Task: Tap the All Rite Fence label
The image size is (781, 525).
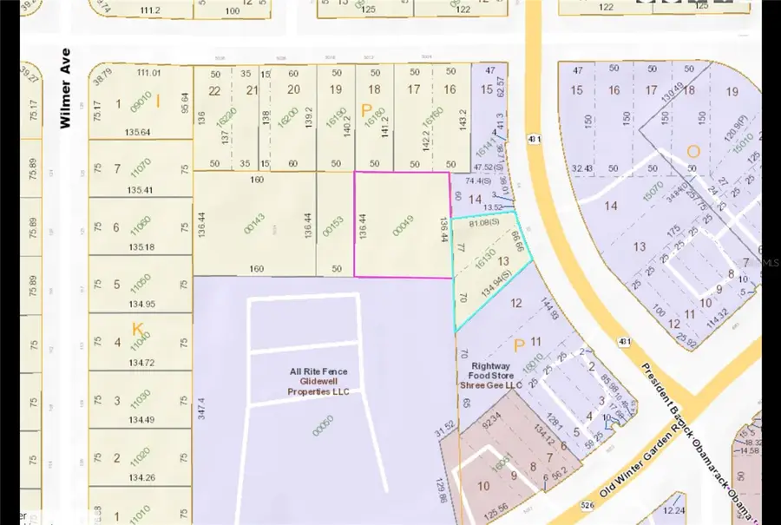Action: [x=318, y=371]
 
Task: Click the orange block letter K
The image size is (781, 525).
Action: [x=137, y=329]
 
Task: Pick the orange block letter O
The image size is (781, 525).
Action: [x=692, y=152]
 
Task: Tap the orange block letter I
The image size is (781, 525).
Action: [x=158, y=102]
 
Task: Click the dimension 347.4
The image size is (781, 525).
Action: [x=200, y=410]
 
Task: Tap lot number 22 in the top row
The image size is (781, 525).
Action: [x=214, y=90]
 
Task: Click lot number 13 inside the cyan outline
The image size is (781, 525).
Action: [x=502, y=260]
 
